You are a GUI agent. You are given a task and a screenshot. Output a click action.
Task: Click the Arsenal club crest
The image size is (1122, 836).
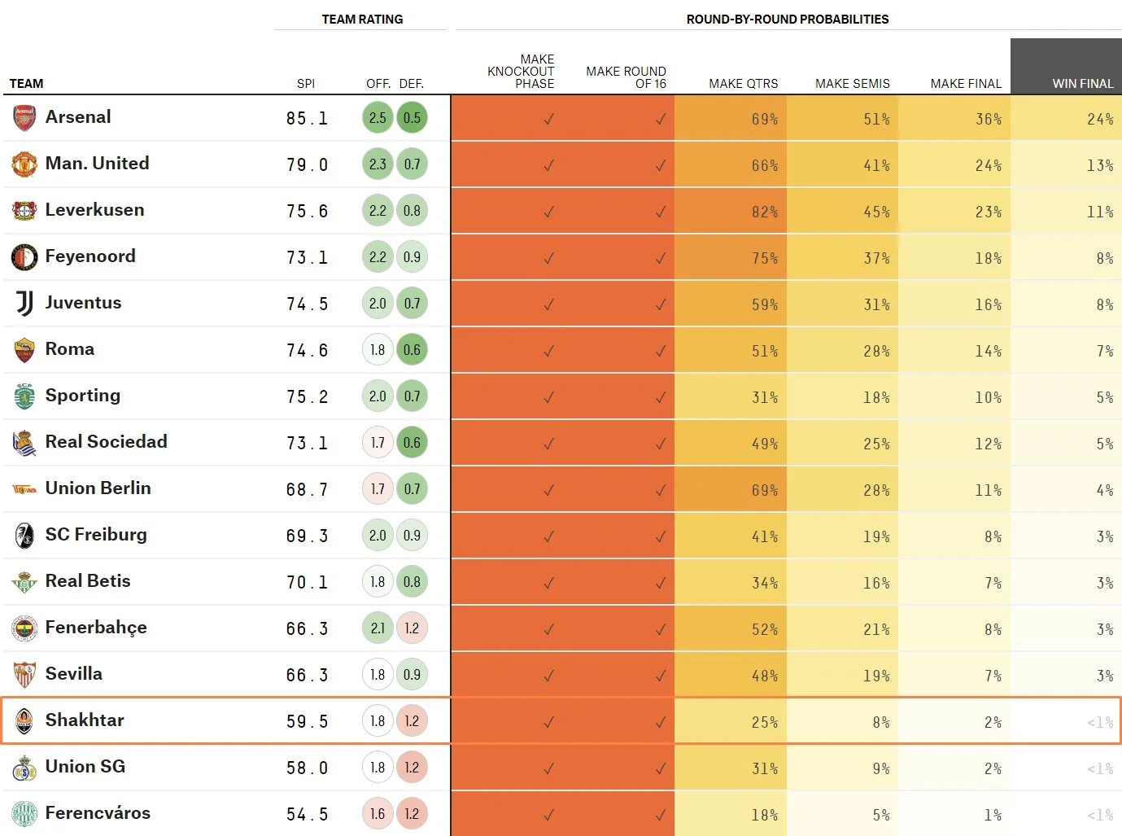point(24,118)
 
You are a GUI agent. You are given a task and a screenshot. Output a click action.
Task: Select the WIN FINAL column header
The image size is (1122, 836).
point(1082,83)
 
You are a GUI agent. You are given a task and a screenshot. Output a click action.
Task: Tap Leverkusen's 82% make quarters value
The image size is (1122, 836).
point(764,212)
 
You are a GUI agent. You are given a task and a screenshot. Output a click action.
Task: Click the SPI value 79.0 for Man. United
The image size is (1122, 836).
point(307,164)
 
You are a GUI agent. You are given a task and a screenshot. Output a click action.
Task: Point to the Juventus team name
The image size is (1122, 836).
point(83,303)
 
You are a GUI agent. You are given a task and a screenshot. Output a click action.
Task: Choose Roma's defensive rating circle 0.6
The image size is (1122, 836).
point(412,350)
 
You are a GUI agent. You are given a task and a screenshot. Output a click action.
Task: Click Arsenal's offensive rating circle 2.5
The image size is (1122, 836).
point(378,118)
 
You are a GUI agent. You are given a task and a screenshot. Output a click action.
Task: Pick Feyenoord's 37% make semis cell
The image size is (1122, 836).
point(876,258)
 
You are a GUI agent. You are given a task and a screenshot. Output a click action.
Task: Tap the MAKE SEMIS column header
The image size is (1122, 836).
point(852,83)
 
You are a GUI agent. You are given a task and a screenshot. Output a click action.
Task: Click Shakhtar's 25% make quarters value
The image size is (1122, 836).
point(764,722)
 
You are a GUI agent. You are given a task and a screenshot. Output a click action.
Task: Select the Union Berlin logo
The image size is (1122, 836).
point(24,489)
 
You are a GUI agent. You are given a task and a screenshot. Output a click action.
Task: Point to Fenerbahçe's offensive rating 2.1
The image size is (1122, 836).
point(378,628)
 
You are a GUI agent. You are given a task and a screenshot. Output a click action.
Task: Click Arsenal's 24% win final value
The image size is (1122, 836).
point(1100,119)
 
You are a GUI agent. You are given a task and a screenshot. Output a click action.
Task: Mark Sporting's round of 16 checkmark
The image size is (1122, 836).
point(660,397)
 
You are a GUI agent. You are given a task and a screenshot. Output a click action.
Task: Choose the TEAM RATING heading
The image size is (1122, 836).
point(362,19)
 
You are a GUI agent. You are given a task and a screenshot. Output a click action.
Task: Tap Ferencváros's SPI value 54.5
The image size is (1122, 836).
point(307,814)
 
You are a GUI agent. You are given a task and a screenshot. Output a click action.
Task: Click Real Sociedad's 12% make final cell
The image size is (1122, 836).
point(988,444)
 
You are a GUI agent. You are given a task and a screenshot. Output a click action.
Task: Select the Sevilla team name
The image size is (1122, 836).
point(74,674)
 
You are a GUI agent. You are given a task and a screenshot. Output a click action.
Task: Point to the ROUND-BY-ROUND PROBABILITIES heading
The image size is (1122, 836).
point(787,19)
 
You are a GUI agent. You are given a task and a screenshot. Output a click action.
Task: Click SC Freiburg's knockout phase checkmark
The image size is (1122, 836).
point(549,536)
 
